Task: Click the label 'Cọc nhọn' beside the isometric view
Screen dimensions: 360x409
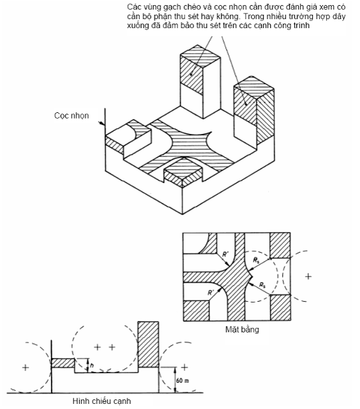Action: [x=71, y=115]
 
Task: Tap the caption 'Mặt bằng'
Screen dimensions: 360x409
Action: [x=242, y=329]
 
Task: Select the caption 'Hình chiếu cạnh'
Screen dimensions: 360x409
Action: [x=101, y=401]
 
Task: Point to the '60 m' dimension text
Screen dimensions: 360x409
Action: [x=183, y=380]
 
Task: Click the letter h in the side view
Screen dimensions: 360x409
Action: [x=91, y=366]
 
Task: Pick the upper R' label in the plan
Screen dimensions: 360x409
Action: [x=225, y=254]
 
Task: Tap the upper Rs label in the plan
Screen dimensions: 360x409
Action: [x=257, y=260]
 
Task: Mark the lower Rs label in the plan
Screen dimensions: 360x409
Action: [x=262, y=285]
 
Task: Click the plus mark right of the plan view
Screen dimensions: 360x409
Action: [x=308, y=276]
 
